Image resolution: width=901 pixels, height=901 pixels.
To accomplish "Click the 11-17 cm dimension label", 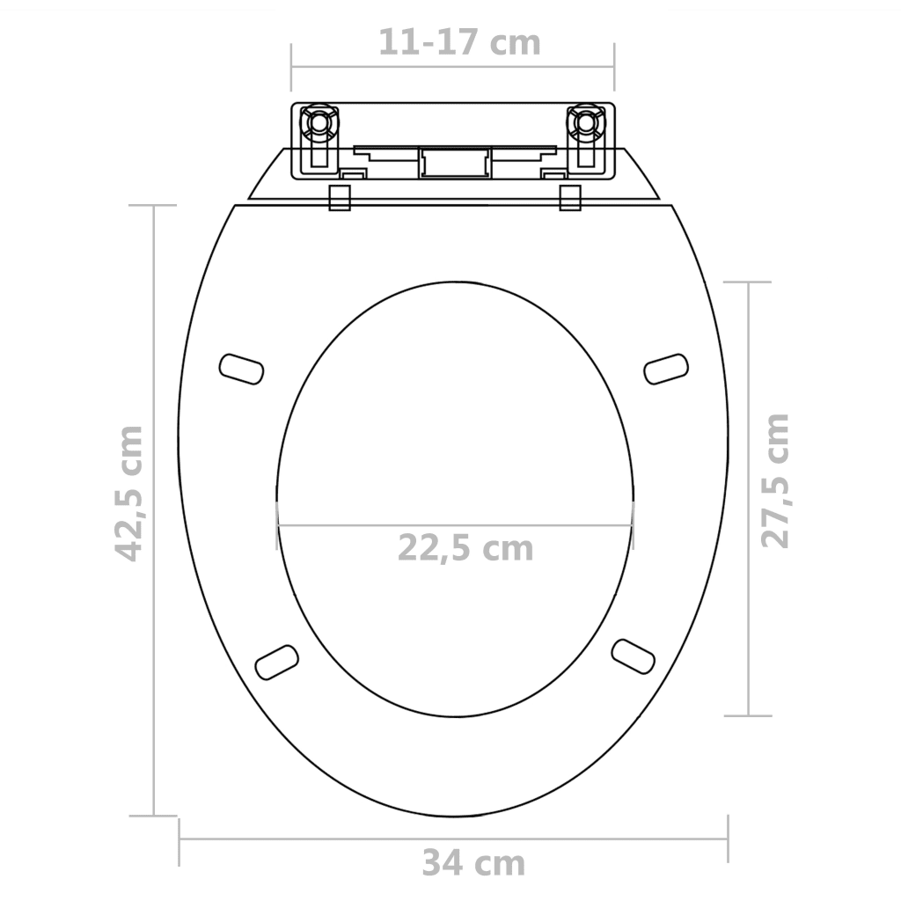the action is (x=459, y=42).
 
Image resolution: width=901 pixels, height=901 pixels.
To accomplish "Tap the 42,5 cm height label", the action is (x=128, y=493).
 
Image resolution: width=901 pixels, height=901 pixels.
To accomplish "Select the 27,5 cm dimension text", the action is (x=775, y=480).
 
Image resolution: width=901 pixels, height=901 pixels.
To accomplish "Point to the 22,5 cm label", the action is (x=465, y=548).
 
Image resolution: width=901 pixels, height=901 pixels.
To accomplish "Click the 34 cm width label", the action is (x=474, y=863).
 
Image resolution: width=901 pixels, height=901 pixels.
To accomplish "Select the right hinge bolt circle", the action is (x=586, y=122).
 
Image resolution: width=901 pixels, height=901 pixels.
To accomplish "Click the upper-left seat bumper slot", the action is (x=242, y=369).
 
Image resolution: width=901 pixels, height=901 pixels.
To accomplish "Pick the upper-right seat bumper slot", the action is (x=666, y=369).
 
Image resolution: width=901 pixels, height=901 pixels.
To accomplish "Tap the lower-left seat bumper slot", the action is (x=277, y=663).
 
